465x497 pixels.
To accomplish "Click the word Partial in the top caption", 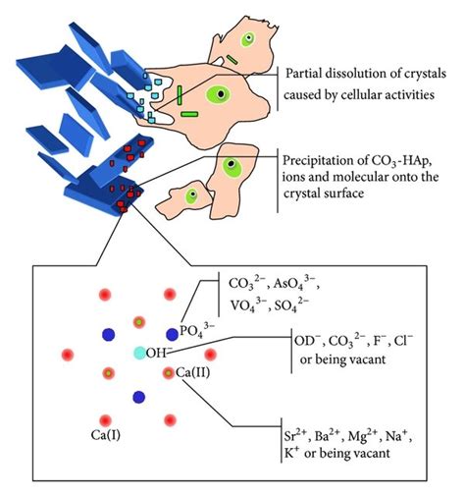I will click(306, 75).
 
